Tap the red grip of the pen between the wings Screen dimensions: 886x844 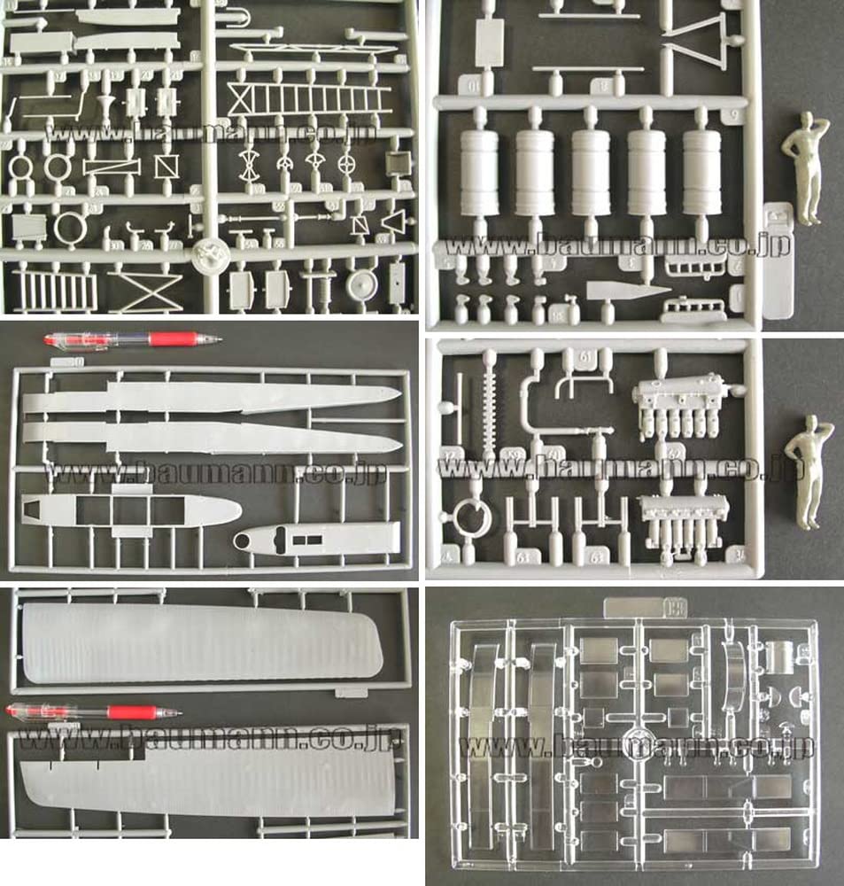click(x=133, y=711)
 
